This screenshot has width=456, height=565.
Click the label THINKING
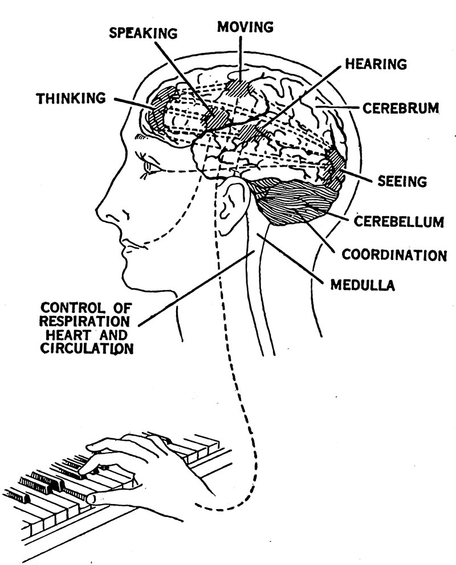pos(71,99)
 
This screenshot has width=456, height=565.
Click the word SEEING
pos(402,182)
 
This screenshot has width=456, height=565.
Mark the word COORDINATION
pos(394,255)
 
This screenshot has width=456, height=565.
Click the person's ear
pos(232,205)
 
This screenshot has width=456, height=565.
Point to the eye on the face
pos(150,166)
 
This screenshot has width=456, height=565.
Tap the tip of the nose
pos(98,216)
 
